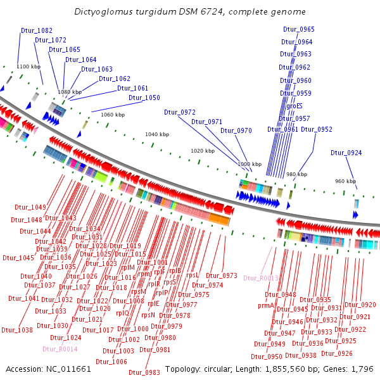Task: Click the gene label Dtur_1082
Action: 37,30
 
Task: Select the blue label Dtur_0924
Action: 346,153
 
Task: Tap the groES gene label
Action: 294,106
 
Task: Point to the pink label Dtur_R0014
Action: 60,349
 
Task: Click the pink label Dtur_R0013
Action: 260,278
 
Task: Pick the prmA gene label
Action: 266,305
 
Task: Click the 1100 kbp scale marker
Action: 28,66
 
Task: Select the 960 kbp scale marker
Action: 345,181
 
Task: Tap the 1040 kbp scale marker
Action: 157,134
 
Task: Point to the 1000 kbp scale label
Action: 249,164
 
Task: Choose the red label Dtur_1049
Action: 30,208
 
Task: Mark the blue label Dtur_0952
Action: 317,129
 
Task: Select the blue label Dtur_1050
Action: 144,98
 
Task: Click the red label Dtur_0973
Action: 221,275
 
